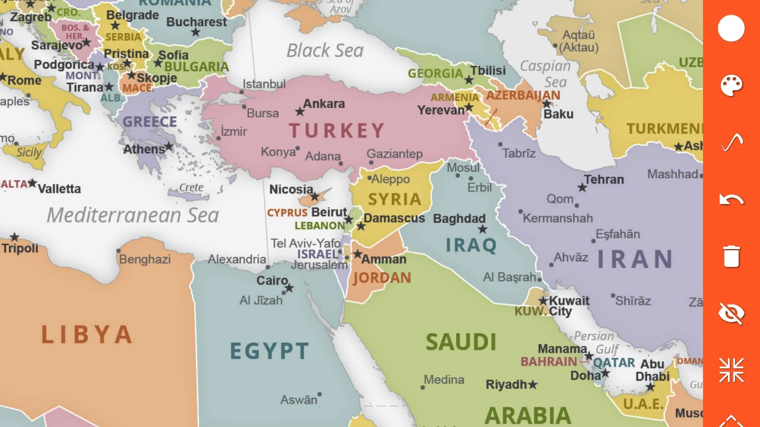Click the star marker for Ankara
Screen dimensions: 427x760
[x=300, y=111]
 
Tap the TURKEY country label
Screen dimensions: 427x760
[x=337, y=130]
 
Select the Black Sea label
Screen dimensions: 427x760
[x=325, y=51]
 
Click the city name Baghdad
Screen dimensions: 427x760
[x=459, y=219]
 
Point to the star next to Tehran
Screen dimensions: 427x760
[x=582, y=188]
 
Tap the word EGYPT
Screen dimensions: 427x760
[x=270, y=352]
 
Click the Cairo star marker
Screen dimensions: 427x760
[x=289, y=289]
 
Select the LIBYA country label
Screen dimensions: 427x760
[x=87, y=335]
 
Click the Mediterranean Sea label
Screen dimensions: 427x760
[x=132, y=215]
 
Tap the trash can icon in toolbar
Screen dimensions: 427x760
[x=731, y=256]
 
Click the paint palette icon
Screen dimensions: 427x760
[x=731, y=86]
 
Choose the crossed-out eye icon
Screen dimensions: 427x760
[x=731, y=313]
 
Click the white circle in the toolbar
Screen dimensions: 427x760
[x=731, y=28]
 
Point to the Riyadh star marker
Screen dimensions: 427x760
[x=533, y=385]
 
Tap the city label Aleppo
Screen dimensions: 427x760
[x=391, y=179]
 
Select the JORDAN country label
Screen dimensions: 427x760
[x=382, y=278]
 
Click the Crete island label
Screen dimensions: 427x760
[x=191, y=187]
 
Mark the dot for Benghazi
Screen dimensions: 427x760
[x=118, y=251]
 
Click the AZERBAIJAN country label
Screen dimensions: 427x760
[x=522, y=95]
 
